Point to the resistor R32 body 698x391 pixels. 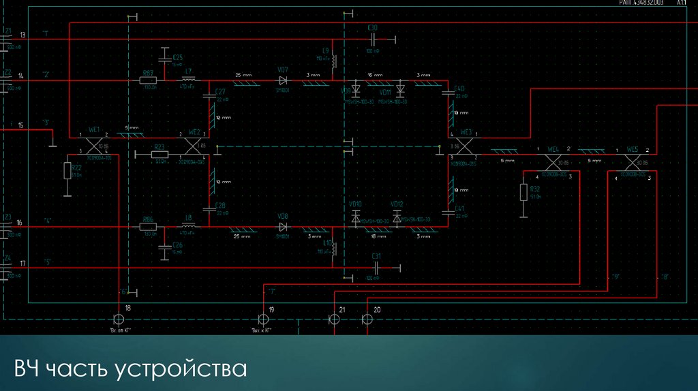pos(523,193)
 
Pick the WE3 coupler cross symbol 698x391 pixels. pos(466,144)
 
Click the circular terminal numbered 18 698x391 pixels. pos(119,319)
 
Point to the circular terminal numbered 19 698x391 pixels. pos(262,319)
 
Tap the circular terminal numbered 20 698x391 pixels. pos(367,319)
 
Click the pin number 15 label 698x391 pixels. pos(20,125)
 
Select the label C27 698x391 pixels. pos(219,91)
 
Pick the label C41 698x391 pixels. pos(459,208)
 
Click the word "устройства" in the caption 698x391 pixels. pos(180,369)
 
